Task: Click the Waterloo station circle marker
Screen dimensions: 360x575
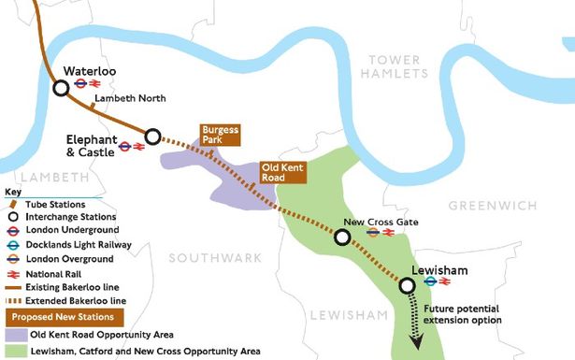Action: [x=61, y=88]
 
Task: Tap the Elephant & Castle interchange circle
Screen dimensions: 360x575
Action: [x=153, y=135]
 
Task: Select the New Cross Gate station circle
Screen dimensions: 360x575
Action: [x=343, y=238]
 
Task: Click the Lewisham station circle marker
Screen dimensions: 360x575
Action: [x=407, y=285]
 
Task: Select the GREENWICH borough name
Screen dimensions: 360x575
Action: [x=492, y=205]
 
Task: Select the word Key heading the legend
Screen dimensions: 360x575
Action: [x=12, y=192]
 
